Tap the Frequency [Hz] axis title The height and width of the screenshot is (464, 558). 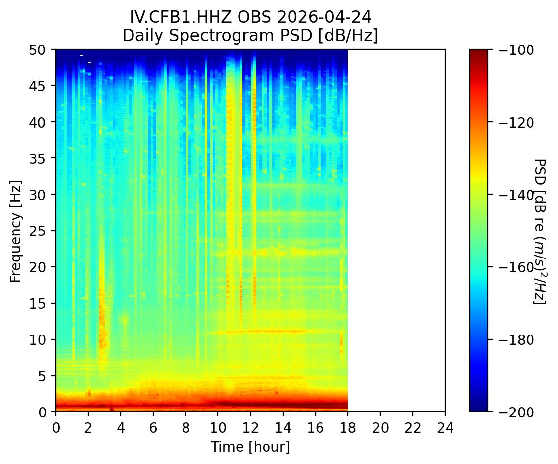coord(16,231)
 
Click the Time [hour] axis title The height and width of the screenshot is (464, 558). coord(250,447)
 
